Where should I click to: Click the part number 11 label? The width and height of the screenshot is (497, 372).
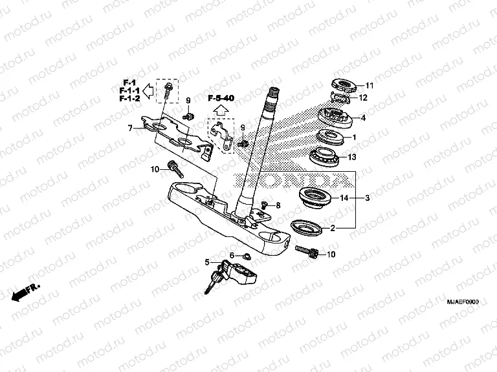point(370,86)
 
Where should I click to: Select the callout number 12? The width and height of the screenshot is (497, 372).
point(364,98)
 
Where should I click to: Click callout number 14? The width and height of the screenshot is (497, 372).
point(344,198)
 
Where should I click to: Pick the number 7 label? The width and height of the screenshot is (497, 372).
point(129,129)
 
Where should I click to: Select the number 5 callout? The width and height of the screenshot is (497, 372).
point(207,262)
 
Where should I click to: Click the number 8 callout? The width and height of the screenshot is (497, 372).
point(278,205)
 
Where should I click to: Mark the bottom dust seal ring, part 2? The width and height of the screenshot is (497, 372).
point(307,227)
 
